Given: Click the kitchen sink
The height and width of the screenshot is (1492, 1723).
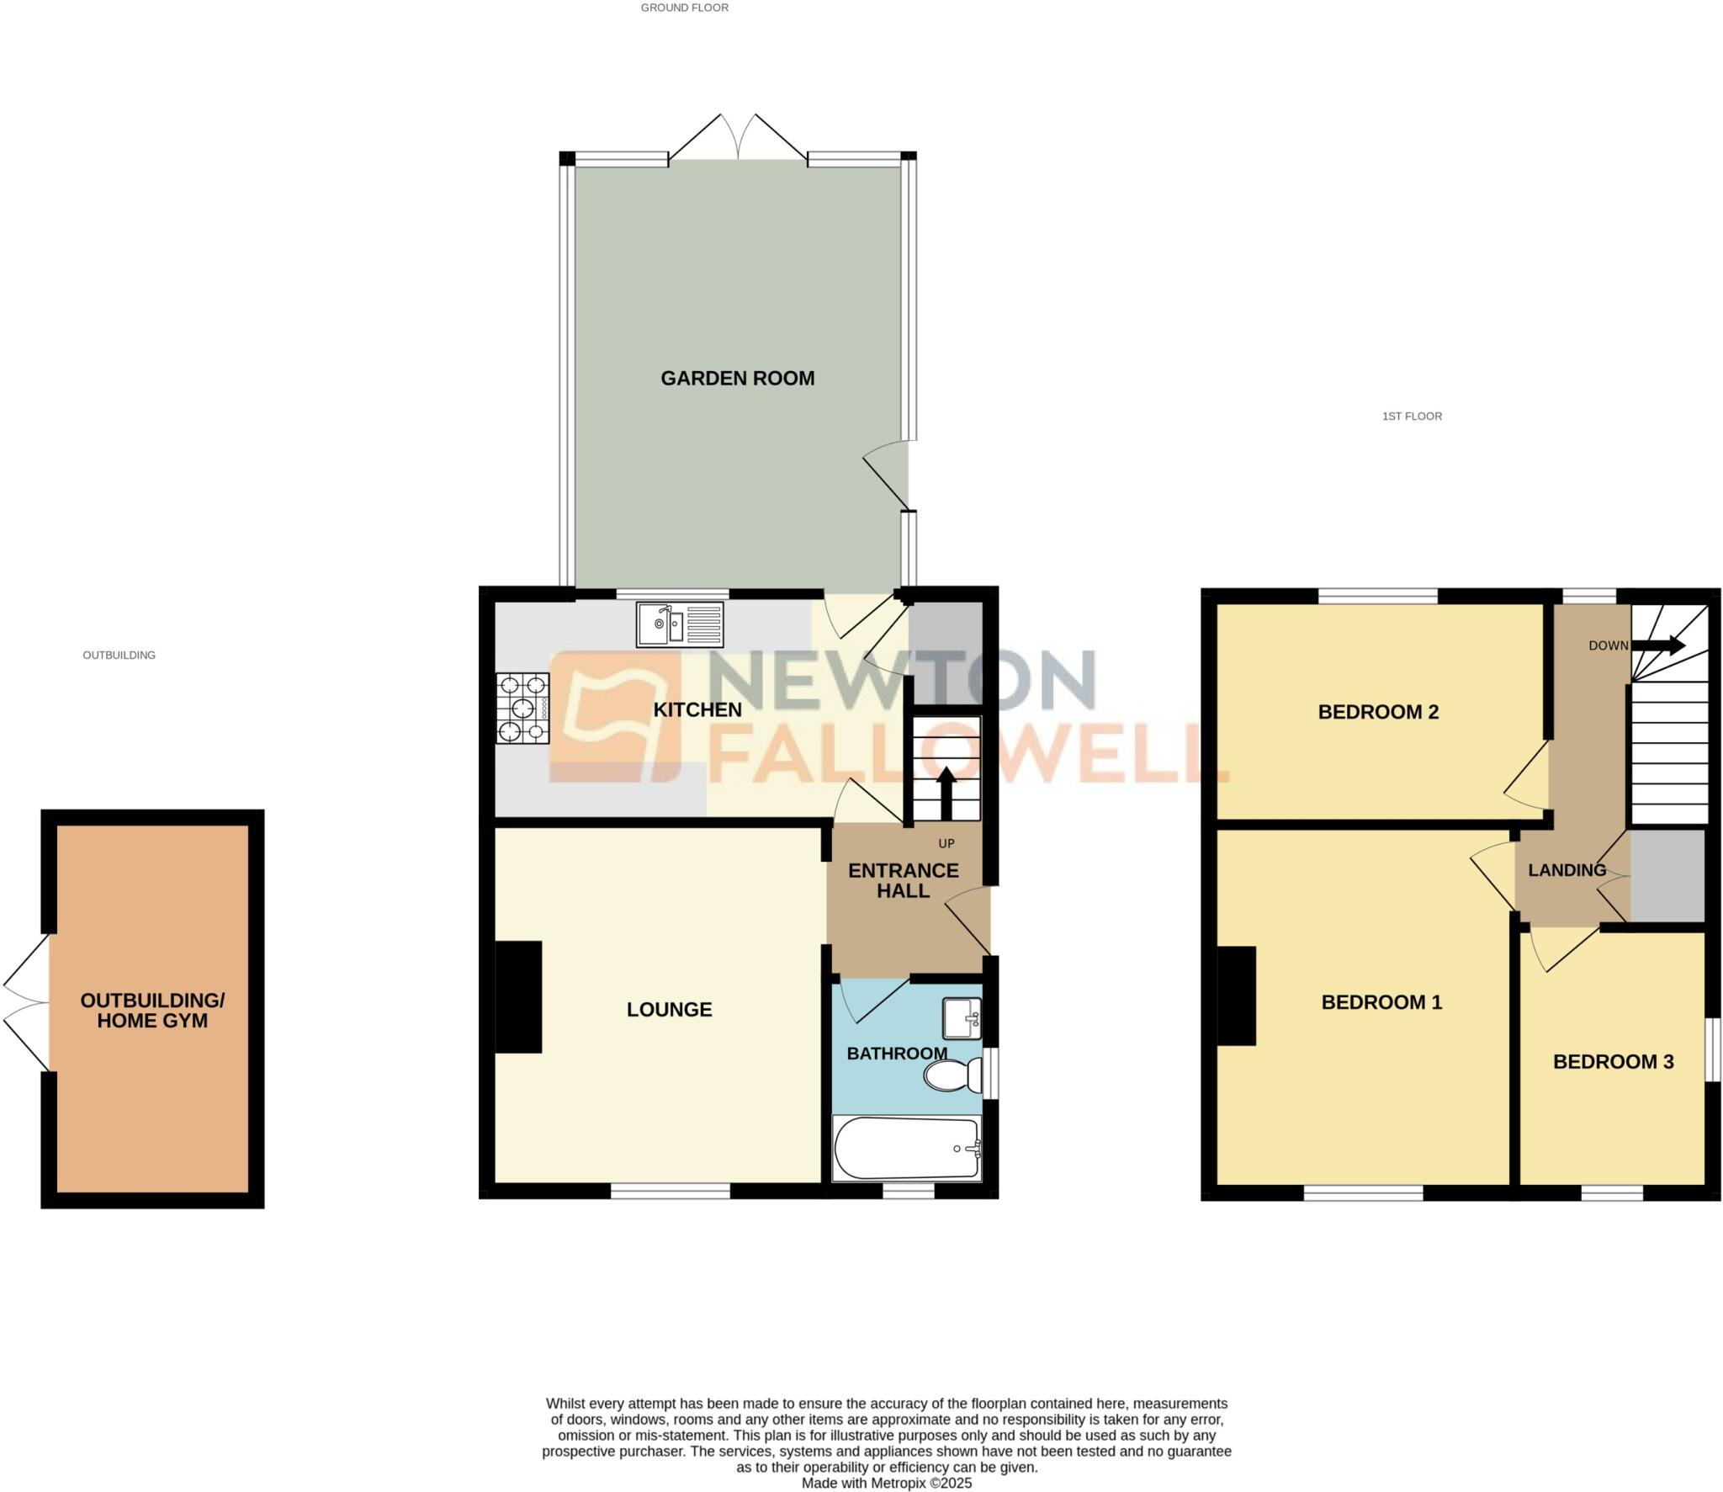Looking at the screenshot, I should click(x=679, y=624).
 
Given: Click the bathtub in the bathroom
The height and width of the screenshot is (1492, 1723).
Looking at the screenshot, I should click(x=907, y=1148).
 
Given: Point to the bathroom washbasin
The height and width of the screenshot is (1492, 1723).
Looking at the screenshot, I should click(x=962, y=1018).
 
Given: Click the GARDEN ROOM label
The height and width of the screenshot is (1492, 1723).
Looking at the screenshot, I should click(x=737, y=379).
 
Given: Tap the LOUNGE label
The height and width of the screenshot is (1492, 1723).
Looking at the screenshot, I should click(x=669, y=1009).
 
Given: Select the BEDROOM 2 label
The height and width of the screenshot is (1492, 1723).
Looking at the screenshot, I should click(x=1377, y=712).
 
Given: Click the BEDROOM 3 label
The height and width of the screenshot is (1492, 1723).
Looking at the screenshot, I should click(x=1612, y=1062).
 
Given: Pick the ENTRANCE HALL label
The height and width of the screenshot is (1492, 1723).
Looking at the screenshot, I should click(x=903, y=880).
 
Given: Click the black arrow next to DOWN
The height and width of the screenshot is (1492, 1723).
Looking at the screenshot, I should click(x=1657, y=645).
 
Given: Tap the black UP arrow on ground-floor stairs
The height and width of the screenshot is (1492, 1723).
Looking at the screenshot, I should click(x=946, y=792).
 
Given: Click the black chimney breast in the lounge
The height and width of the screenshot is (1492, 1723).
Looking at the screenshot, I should click(x=517, y=996).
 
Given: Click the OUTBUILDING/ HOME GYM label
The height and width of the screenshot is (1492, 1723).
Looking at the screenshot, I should click(x=152, y=1010).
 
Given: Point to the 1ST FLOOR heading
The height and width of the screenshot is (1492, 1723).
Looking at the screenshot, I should click(x=1412, y=416).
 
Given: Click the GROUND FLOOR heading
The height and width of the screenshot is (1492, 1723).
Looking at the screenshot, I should click(x=684, y=8).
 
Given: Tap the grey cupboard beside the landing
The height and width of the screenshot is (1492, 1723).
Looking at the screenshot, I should click(x=1667, y=876).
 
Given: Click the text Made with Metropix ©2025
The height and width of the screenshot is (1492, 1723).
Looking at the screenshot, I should click(x=886, y=1483).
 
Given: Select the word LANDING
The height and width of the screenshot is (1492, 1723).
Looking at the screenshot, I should click(x=1567, y=870).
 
